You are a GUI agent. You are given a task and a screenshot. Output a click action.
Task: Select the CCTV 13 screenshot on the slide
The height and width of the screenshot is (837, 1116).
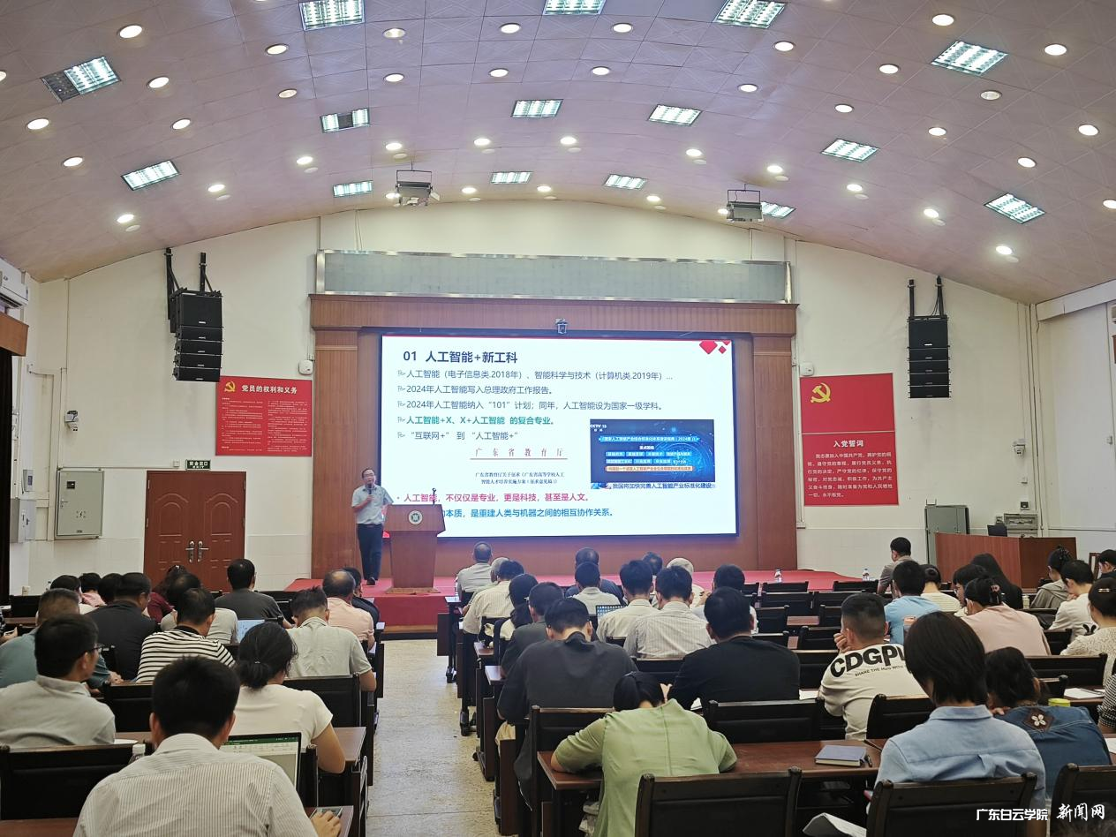651,453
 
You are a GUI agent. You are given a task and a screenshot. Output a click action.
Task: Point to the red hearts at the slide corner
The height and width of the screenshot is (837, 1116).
713,347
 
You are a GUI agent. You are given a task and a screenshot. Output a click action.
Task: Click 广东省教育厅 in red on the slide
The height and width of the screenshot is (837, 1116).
520,453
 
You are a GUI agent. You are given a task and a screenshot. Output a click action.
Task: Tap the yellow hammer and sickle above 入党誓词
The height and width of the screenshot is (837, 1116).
820,392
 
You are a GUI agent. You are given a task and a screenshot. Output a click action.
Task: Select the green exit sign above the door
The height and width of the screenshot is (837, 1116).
198,464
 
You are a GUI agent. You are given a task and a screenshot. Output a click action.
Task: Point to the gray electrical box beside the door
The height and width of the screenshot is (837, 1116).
79,503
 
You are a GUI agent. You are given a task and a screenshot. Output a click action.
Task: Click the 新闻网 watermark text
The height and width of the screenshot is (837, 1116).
1081,812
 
